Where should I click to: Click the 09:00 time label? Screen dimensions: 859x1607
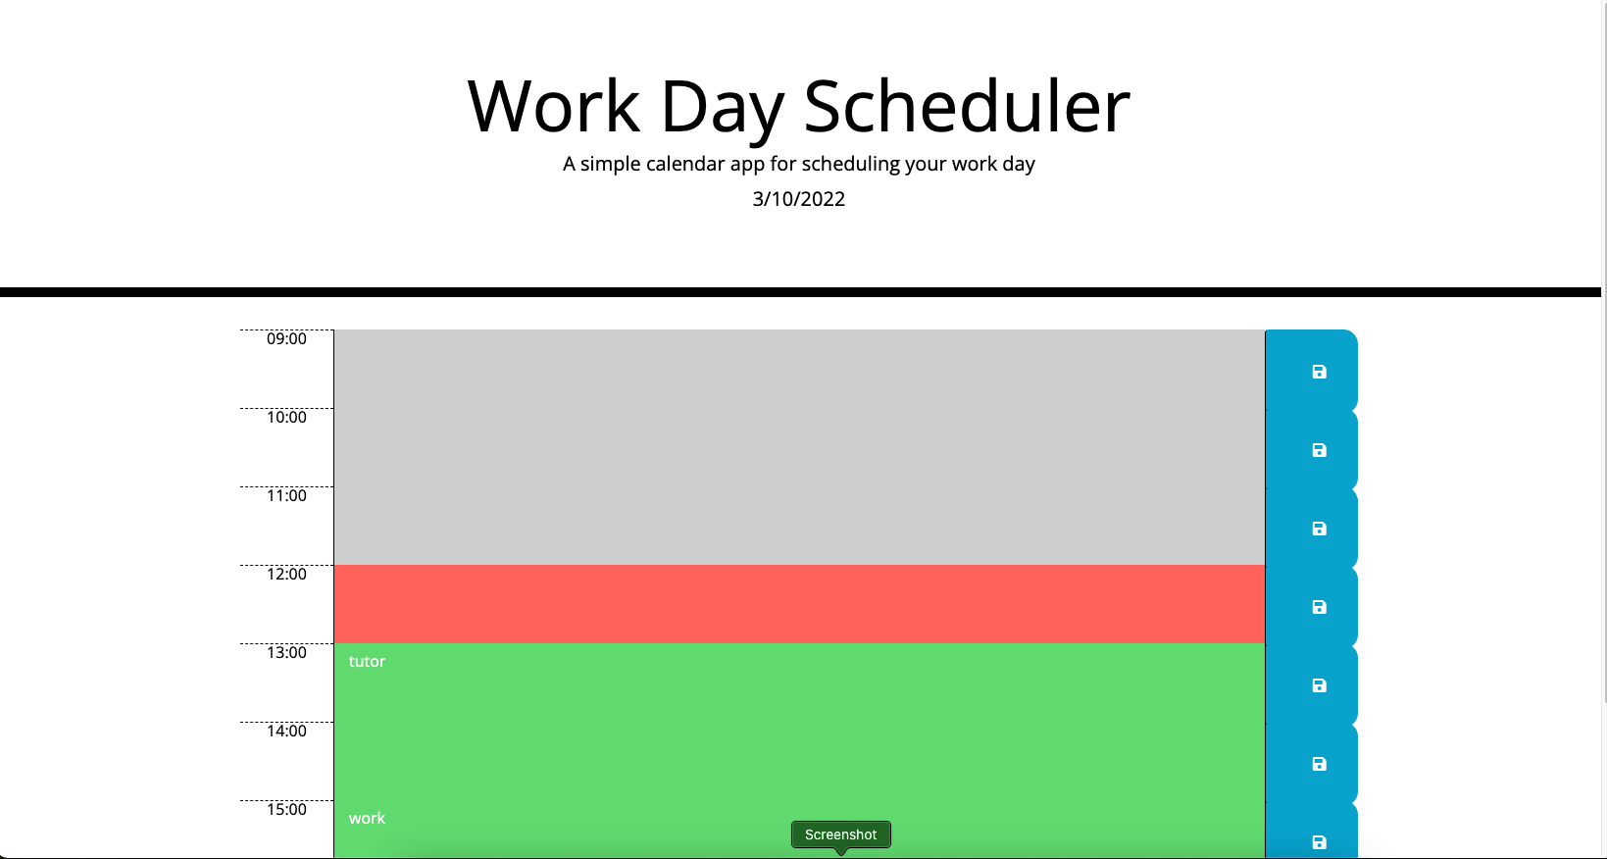point(286,339)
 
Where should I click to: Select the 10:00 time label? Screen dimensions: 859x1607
point(286,418)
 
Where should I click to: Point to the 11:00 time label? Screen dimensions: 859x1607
point(286,496)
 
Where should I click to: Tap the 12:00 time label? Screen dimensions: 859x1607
point(286,575)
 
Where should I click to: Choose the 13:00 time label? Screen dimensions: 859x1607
point(286,653)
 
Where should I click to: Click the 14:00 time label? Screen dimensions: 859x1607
point(286,732)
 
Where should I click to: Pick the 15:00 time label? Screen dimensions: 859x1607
point(286,810)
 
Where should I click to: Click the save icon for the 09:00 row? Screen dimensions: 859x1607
point(1319,372)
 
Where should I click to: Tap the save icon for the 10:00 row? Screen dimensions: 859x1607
point(1319,450)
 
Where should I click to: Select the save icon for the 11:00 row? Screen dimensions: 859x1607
point(1319,529)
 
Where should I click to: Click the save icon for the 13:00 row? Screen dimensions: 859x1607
point(1319,685)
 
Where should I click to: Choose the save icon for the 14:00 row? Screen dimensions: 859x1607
point(1319,764)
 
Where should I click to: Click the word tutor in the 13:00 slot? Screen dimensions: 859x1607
point(367,662)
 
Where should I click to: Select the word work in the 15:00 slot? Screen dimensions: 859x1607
point(367,819)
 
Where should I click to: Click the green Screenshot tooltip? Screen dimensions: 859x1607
point(840,834)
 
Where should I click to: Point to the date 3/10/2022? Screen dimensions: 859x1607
point(798,199)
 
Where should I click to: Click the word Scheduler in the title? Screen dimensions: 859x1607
point(966,106)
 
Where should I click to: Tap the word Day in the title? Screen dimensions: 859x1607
point(723,106)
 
